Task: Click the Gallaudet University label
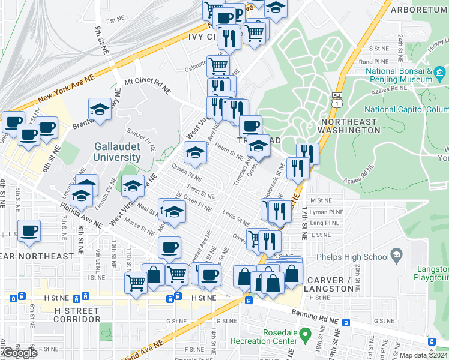click(117, 152)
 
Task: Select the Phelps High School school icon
click(396, 257)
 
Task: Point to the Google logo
click(19, 353)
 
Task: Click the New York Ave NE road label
click(66, 88)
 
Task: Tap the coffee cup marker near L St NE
click(29, 231)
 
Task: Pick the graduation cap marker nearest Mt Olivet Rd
click(100, 110)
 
